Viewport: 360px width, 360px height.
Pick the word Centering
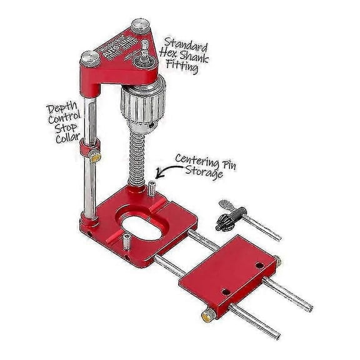point(197,159)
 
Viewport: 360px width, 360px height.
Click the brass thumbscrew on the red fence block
point(207,315)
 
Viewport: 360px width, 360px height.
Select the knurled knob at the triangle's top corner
point(137,27)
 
